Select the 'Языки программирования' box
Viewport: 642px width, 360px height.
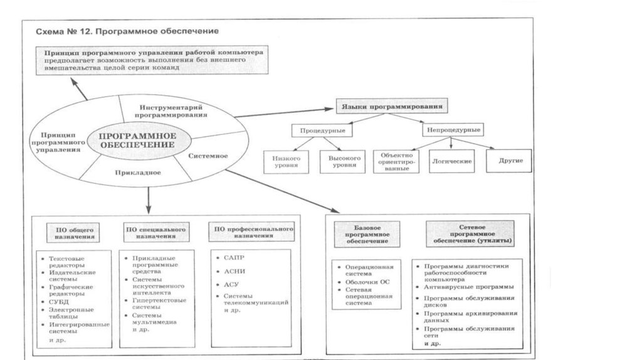tap(392, 107)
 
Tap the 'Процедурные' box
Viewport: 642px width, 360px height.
tap(322, 130)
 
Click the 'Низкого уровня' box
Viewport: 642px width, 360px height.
tap(286, 161)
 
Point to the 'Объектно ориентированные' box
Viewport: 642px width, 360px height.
tap(395, 162)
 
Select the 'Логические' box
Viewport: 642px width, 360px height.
tap(451, 161)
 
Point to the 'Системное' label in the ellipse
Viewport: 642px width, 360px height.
tap(208, 156)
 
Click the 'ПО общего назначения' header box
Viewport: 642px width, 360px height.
tap(71, 233)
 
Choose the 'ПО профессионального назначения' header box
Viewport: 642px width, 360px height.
tap(251, 233)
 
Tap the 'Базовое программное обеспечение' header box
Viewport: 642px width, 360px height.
tap(366, 233)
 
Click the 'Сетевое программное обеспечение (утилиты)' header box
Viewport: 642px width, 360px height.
tap(470, 233)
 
